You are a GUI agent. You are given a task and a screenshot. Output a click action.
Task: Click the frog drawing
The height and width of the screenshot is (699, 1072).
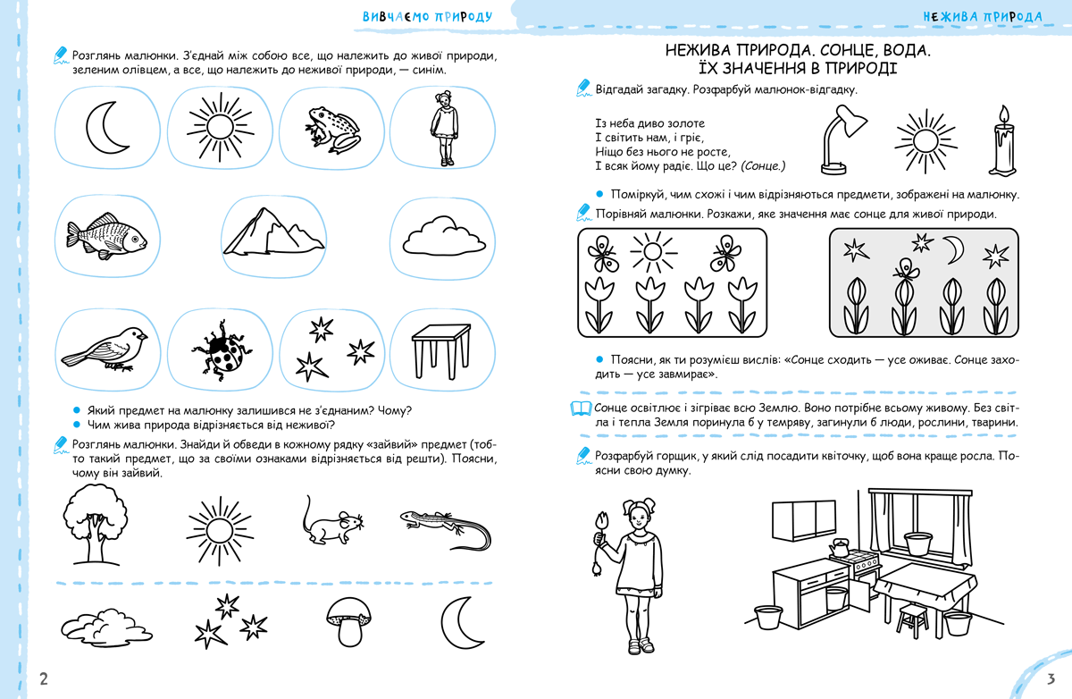click(x=331, y=129)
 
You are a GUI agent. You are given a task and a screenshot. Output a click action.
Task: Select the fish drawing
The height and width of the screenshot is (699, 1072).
click(x=105, y=237)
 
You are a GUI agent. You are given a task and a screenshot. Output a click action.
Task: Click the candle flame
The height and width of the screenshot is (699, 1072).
click(x=1004, y=114)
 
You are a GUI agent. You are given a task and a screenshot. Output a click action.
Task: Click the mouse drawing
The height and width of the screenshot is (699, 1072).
click(x=329, y=523)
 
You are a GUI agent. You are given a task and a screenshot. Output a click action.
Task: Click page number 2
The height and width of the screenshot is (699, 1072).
click(x=43, y=678)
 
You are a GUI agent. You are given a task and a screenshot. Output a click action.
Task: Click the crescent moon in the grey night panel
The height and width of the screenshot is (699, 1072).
click(x=955, y=249)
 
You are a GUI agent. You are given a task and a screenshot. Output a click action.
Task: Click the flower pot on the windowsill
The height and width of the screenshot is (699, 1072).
click(x=919, y=542)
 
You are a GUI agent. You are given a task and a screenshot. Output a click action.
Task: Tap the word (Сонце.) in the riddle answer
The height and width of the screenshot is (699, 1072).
click(x=762, y=165)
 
